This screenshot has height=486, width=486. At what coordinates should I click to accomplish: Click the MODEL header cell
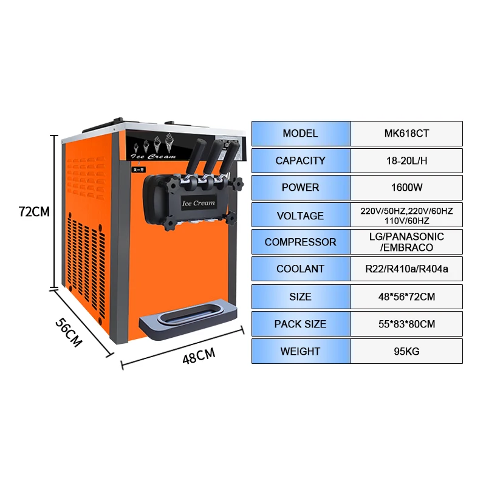(x=301, y=134)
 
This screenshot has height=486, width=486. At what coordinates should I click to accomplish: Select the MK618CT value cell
(x=406, y=134)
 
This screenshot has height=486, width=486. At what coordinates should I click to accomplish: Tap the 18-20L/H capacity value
(x=406, y=161)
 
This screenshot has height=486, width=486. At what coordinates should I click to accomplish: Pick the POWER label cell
(x=301, y=188)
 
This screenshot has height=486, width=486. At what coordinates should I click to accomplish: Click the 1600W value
(x=406, y=188)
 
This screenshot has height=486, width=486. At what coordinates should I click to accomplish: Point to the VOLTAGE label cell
(x=301, y=215)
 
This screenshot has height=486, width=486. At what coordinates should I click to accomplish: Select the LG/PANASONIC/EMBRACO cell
(x=406, y=242)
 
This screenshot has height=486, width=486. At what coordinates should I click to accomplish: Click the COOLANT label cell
(x=301, y=269)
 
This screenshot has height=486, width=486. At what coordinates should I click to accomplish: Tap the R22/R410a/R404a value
(x=406, y=269)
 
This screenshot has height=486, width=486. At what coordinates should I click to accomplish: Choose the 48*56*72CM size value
(x=406, y=296)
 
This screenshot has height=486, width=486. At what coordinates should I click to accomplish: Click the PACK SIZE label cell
(x=301, y=324)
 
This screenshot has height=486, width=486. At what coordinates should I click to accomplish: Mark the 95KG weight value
(x=406, y=351)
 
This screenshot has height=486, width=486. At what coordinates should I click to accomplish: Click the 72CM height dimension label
(x=34, y=212)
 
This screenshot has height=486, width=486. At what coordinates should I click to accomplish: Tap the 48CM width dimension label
(x=199, y=356)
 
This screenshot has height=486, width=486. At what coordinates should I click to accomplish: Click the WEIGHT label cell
(x=301, y=351)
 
